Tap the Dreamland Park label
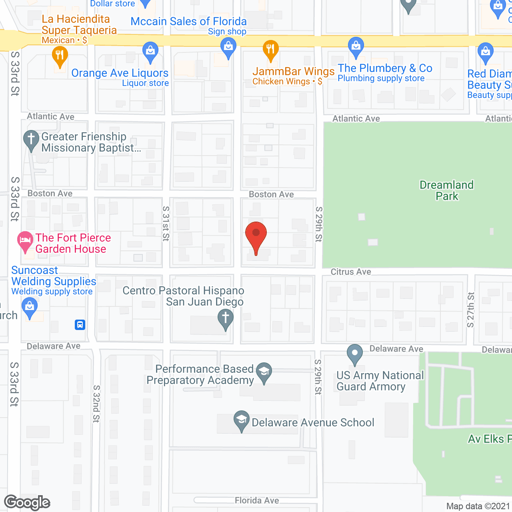pyautogui.click(x=446, y=190)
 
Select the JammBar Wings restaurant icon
pyautogui.click(x=271, y=50)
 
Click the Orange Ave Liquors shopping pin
pyautogui.click(x=150, y=52)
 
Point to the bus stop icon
pyautogui.click(x=80, y=324)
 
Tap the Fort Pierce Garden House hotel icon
pyautogui.click(x=25, y=241)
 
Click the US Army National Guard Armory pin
pyautogui.click(x=355, y=354)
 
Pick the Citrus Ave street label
pyautogui.click(x=351, y=272)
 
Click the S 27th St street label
pyautogui.click(x=471, y=310)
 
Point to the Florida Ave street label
pyautogui.click(x=257, y=500)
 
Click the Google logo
pyautogui.click(x=27, y=502)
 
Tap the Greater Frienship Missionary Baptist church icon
pyautogui.click(x=31, y=140)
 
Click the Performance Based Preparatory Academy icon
pyautogui.click(x=264, y=372)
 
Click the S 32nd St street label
pyautogui.click(x=96, y=404)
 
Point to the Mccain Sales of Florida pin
pyautogui.click(x=228, y=48)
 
